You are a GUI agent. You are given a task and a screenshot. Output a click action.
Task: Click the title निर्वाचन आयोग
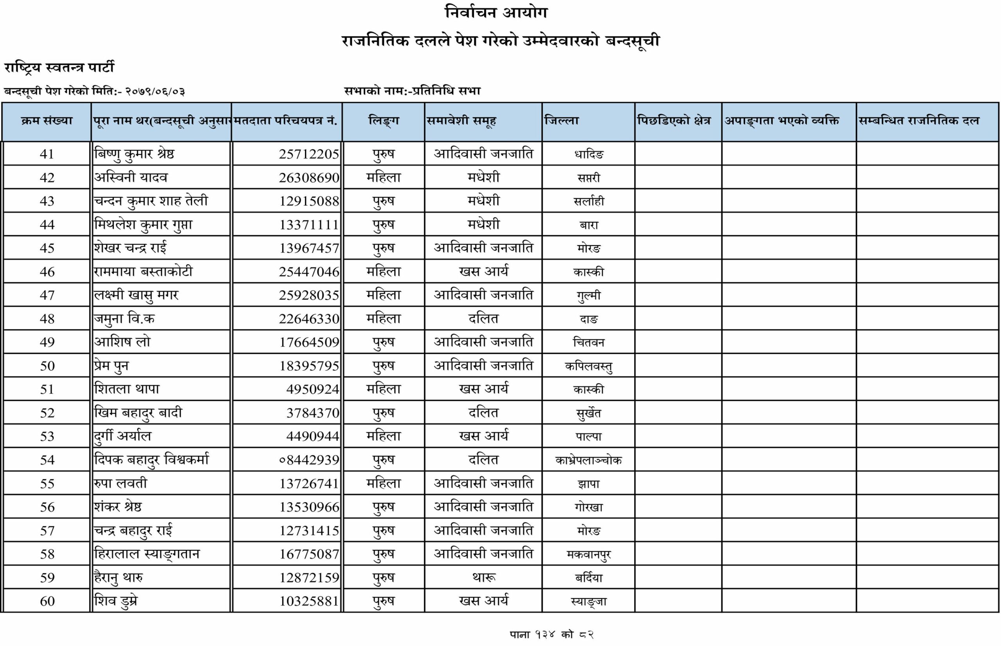point(496,13)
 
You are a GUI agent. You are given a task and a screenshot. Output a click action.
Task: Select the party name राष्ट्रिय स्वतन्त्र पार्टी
point(59,68)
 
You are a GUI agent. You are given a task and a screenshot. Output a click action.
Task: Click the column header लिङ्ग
point(383,121)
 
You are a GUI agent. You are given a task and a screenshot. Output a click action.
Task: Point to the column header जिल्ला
point(561,121)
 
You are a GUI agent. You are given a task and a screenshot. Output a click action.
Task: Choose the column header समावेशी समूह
point(461,121)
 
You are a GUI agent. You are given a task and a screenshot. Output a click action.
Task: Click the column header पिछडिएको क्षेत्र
point(674,121)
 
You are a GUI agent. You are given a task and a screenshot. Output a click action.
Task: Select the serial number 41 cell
point(47,154)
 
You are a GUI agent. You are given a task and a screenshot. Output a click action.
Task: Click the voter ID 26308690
point(309,178)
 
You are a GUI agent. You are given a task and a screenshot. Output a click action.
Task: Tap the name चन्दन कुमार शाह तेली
point(151,201)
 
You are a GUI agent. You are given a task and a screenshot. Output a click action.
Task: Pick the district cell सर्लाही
point(589,201)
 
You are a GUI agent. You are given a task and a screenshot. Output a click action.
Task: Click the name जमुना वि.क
point(125,319)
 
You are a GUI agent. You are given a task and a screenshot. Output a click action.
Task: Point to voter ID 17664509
point(309,342)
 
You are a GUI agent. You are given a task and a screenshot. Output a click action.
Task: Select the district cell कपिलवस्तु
point(588,366)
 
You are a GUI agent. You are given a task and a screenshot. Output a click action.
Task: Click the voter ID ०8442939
point(309,460)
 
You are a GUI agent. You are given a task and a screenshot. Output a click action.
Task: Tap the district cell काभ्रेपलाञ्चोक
point(588,460)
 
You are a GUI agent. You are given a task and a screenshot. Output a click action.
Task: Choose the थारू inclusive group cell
point(484,578)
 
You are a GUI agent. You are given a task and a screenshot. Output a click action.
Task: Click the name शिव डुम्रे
point(116,601)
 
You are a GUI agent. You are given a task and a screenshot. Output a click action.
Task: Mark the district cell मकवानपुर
point(588,554)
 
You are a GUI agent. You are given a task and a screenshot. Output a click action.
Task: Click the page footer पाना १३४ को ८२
point(551,634)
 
